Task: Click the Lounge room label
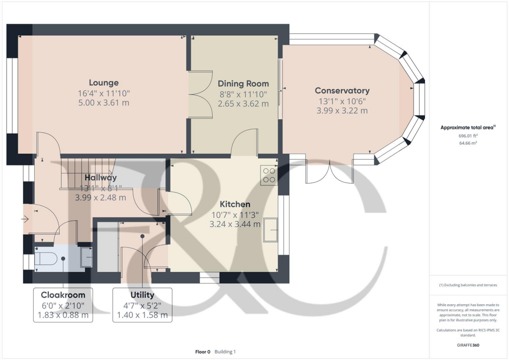103,83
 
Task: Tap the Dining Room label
243,84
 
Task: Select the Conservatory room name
342,90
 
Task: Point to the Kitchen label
235,204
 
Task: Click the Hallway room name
100,178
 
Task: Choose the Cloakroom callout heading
63,295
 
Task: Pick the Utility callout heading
142,295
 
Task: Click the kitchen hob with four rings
269,175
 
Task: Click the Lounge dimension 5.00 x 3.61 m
103,103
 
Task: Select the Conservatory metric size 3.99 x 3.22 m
342,110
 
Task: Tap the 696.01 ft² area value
467,135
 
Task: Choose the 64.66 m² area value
467,143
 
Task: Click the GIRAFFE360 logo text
467,345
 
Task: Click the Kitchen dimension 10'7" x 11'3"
235,215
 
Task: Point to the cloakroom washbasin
85,257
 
